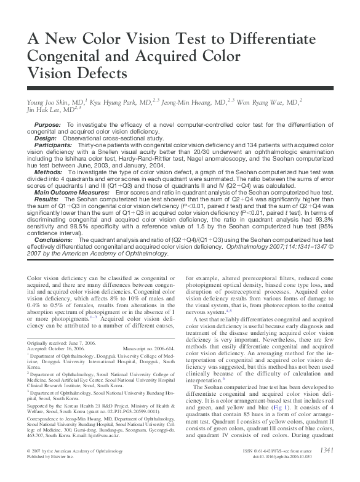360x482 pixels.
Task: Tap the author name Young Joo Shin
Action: click(46, 100)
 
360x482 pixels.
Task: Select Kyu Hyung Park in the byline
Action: click(110, 100)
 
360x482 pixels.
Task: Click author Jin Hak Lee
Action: click(44, 110)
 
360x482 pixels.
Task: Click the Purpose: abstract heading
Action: click(47, 124)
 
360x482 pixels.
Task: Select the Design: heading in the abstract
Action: click(46, 139)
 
